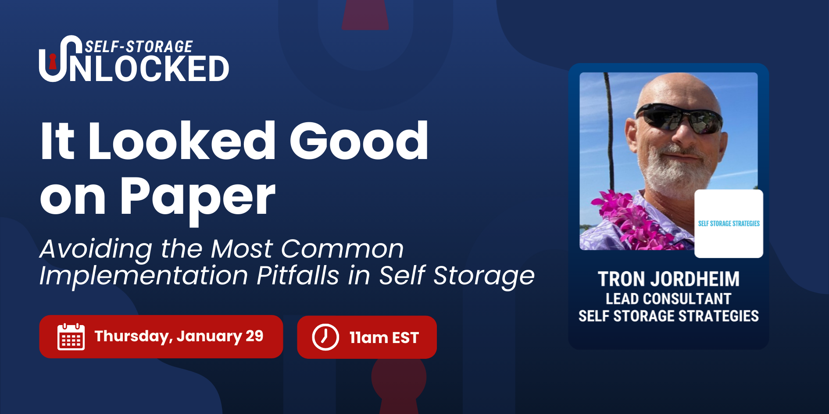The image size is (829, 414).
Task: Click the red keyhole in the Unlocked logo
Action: click(x=53, y=62)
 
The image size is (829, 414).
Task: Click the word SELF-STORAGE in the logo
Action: click(x=139, y=46)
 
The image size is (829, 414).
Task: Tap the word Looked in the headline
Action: click(x=182, y=141)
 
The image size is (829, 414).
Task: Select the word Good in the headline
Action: click(x=358, y=141)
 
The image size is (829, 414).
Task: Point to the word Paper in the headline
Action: click(x=198, y=199)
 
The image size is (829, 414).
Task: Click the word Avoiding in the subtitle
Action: click(x=96, y=249)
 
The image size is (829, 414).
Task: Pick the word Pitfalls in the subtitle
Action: click(x=298, y=276)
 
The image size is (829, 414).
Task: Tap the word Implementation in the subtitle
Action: click(x=144, y=276)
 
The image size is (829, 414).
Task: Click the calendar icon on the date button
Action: click(x=71, y=336)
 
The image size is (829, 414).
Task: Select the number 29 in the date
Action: click(x=254, y=336)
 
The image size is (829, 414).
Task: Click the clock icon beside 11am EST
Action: click(x=325, y=337)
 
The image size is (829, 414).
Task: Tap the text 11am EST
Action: click(x=384, y=338)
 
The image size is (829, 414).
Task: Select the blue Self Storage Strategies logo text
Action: click(x=729, y=223)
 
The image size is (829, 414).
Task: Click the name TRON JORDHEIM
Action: click(x=668, y=279)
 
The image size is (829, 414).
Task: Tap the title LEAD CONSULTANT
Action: click(x=668, y=299)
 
